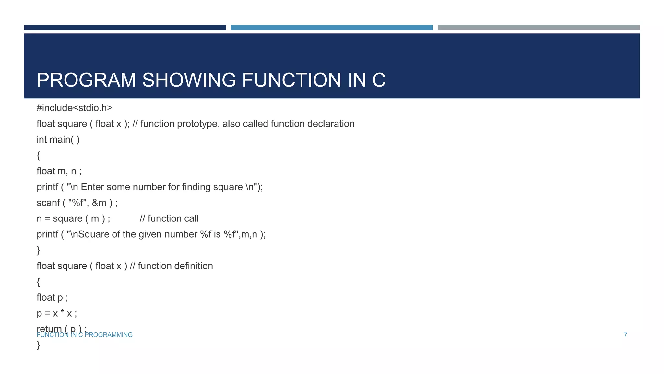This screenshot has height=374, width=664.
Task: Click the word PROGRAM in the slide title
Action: point(86,80)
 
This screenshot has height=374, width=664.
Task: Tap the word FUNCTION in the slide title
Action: point(291,80)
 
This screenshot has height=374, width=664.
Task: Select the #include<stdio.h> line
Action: point(74,108)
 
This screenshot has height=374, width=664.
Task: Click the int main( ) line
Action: point(58,140)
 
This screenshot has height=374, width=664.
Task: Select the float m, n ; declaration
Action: point(59,171)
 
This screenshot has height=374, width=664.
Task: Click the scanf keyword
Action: point(48,203)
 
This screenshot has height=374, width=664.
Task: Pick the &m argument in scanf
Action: point(99,203)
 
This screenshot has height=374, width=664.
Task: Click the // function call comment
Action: point(169,218)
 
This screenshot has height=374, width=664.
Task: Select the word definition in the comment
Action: point(194,266)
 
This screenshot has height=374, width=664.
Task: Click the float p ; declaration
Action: point(52,297)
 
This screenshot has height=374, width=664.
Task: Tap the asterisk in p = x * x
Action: point(62,312)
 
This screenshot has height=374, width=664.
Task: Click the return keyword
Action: point(49,329)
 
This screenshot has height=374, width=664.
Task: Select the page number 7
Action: point(625,335)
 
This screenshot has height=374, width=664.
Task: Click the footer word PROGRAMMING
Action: point(109,335)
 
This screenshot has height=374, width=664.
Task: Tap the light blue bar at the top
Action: point(331,28)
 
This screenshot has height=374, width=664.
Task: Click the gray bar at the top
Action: point(539,28)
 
